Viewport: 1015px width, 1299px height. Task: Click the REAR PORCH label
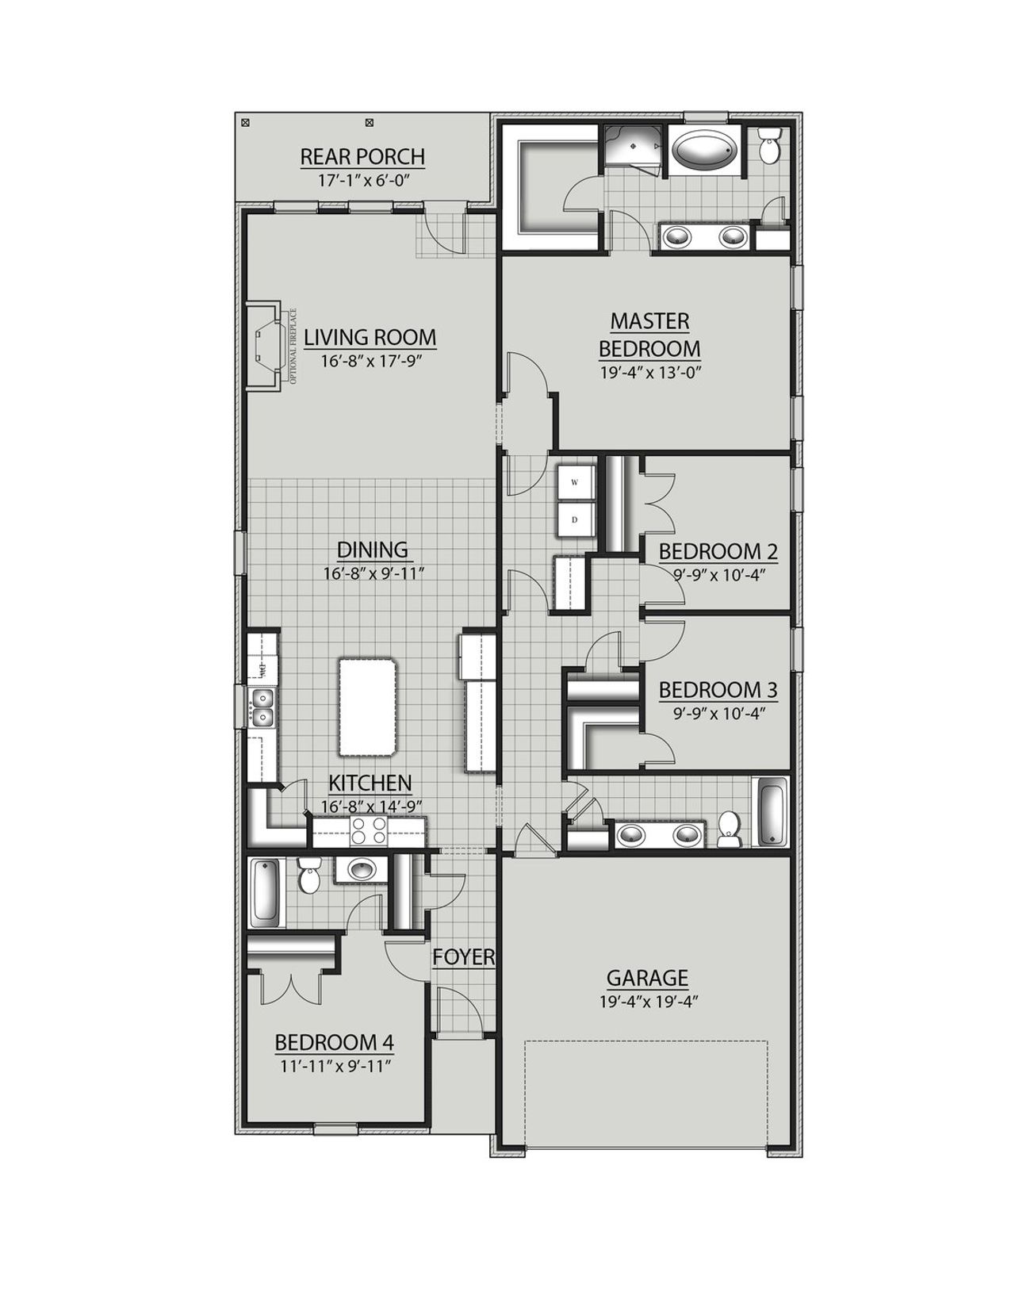(362, 156)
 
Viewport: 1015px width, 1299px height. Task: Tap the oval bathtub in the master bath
(704, 150)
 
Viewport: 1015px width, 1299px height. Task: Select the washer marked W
(576, 482)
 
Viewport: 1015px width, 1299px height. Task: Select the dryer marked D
(576, 521)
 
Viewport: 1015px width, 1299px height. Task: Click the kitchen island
(366, 707)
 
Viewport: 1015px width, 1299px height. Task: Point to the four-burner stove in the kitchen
(369, 830)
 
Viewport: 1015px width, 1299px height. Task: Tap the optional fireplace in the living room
(265, 346)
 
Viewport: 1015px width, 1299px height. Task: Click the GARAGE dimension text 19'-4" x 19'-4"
(648, 1002)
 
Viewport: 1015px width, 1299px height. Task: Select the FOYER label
(463, 957)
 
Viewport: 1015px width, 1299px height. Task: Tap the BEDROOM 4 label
(334, 1041)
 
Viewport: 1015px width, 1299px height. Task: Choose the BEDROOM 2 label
(718, 551)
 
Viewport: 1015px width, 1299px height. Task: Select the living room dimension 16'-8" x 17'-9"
(370, 362)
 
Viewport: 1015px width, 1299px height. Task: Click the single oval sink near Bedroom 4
(362, 869)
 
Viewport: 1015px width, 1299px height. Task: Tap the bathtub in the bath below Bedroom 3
(772, 812)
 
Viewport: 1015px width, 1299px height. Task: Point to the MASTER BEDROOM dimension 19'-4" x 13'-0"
(649, 372)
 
